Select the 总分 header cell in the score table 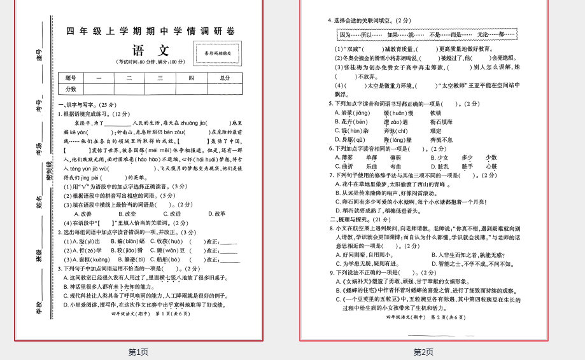[224, 78]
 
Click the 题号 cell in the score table [71, 78]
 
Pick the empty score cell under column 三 [160, 89]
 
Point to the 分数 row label [71, 89]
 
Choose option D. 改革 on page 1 [216, 214]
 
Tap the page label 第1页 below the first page [138, 352]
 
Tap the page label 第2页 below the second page [423, 352]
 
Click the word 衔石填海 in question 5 [441, 121]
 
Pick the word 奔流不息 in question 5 [441, 139]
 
